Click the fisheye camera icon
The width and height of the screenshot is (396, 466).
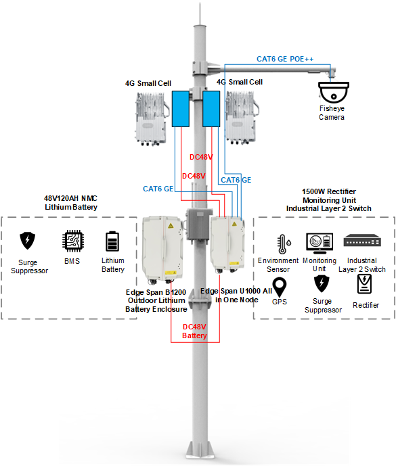pyautogui.click(x=334, y=93)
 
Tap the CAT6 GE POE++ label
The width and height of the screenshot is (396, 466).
pyautogui.click(x=285, y=59)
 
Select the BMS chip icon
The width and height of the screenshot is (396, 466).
pyautogui.click(x=73, y=241)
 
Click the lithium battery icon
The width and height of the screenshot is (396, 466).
pyautogui.click(x=112, y=241)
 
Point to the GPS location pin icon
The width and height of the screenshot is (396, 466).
pyautogui.click(x=280, y=287)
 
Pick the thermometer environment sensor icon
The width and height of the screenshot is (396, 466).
pyautogui.click(x=284, y=244)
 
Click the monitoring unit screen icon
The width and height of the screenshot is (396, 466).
pyautogui.click(x=320, y=243)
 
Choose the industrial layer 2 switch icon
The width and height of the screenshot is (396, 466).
pyautogui.click(x=362, y=241)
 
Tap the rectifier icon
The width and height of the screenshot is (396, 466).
pyautogui.click(x=364, y=284)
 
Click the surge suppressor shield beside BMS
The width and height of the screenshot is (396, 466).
pyautogui.click(x=27, y=241)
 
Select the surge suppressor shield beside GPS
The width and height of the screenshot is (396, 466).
pyautogui.click(x=322, y=283)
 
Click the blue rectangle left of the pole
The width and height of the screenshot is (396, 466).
pyautogui.click(x=181, y=109)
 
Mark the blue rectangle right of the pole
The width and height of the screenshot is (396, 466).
pyautogui.click(x=211, y=109)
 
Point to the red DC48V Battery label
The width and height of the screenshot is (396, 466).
pyautogui.click(x=194, y=331)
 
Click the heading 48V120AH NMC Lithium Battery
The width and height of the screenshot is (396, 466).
pyautogui.click(x=71, y=203)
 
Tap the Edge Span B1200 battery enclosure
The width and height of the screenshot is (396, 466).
pyautogui.click(x=162, y=249)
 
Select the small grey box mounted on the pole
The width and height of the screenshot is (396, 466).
pyautogui.click(x=198, y=225)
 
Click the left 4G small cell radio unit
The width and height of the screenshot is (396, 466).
pyautogui.click(x=152, y=118)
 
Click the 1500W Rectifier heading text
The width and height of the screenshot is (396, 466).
pyautogui.click(x=329, y=191)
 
